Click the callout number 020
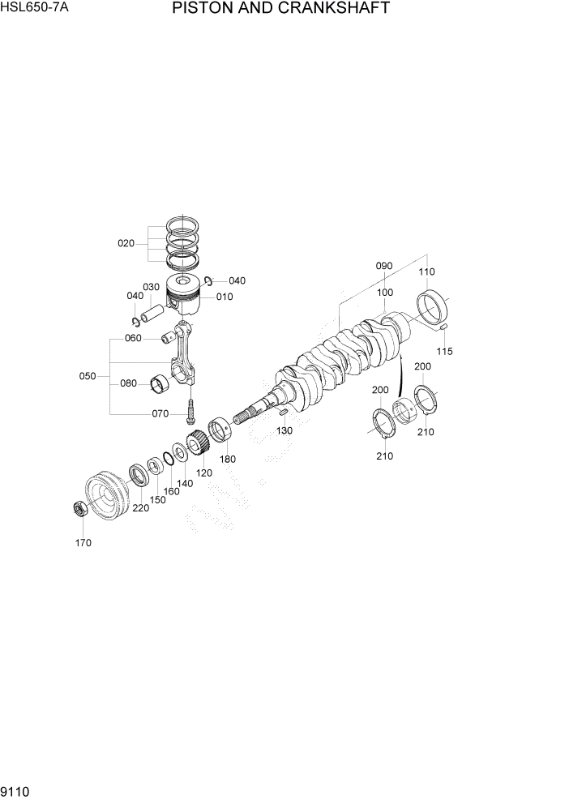[x=126, y=243]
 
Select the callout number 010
[x=225, y=297]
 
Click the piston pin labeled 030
[x=154, y=308]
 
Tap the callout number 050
[x=88, y=376]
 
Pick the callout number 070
[x=160, y=413]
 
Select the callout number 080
[x=128, y=383]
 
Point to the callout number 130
[x=284, y=431]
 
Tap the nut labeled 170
[x=79, y=510]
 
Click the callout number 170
[x=83, y=543]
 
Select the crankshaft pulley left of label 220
[x=104, y=496]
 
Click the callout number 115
[x=444, y=351]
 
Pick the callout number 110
[x=426, y=272]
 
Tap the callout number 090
[x=384, y=266]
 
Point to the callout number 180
[x=228, y=460]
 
